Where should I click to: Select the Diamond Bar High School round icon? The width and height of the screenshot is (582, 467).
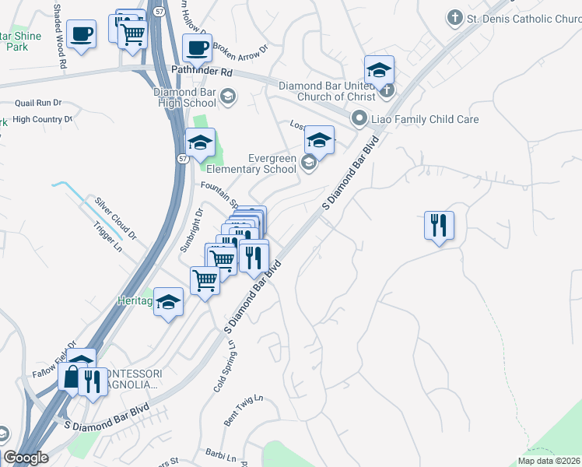228,97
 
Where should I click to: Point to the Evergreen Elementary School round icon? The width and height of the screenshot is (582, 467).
309,162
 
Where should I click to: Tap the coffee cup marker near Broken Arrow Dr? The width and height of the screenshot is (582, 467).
197,47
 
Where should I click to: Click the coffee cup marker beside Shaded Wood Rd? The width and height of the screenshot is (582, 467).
80,33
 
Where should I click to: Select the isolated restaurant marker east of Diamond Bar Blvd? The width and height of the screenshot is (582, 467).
439,225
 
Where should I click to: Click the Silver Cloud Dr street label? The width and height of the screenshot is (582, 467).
115,217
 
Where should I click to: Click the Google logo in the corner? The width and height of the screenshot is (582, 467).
26,458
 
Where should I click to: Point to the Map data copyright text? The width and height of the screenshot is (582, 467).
549,461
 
